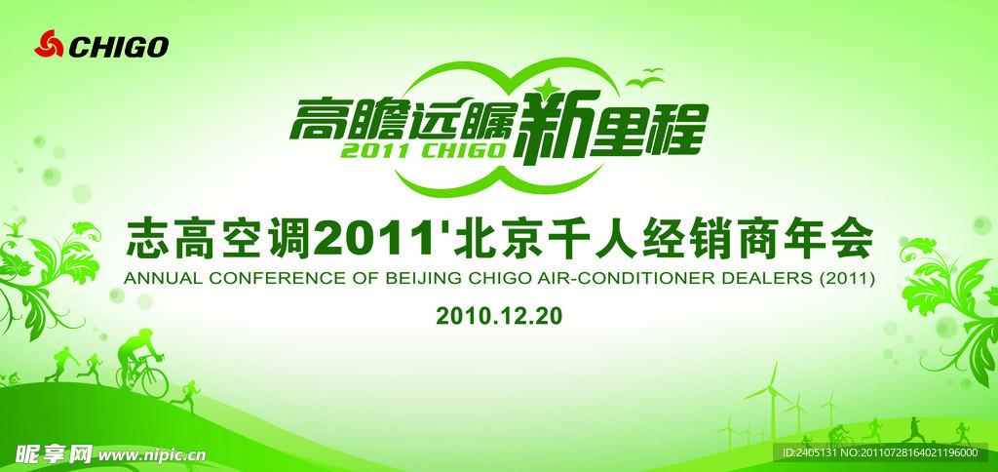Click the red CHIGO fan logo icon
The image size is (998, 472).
49,44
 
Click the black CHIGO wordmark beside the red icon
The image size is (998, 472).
118,47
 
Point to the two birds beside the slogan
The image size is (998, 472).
645,77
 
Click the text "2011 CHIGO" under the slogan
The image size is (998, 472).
424,149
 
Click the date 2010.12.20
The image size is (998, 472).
499,315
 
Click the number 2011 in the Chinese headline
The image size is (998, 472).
370,240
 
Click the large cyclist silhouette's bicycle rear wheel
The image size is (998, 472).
154,381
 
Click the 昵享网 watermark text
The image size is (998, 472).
54,454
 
